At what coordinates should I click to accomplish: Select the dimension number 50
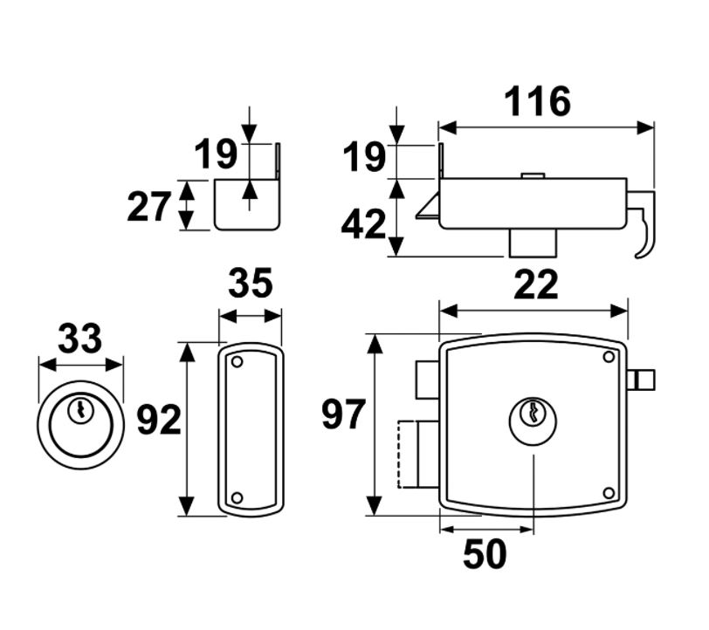point(485,555)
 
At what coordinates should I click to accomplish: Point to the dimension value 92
point(159,421)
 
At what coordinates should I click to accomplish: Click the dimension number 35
point(251,284)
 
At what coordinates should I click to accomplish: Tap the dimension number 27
point(149,208)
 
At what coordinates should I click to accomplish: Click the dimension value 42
point(363,225)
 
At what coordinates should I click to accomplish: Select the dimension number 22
point(535,284)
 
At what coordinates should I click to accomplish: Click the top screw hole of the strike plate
point(237,360)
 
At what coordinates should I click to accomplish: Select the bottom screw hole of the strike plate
point(236,498)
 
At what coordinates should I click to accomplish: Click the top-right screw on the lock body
point(609,356)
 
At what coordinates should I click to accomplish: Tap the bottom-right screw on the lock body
point(609,493)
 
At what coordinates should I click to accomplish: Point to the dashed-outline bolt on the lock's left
point(410,454)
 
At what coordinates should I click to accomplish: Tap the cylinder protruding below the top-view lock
point(532,243)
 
